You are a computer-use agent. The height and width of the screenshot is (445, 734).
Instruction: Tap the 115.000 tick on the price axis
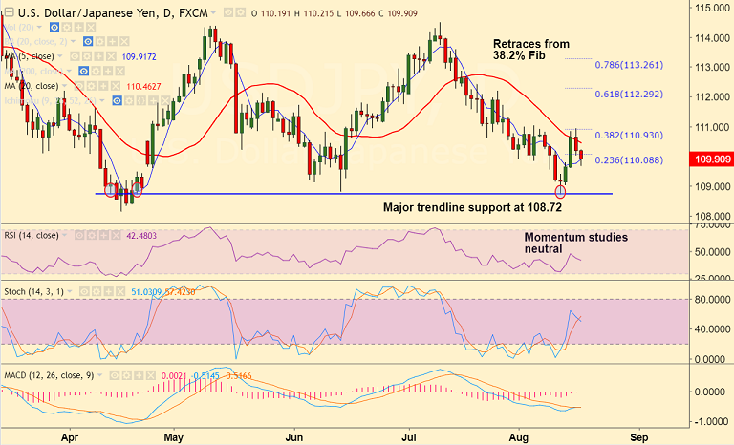point(710,8)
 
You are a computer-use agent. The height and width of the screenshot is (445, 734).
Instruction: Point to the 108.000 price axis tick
point(710,217)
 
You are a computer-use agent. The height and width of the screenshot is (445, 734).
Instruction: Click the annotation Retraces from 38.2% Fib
point(530,51)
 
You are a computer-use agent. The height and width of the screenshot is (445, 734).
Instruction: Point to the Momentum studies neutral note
point(575,244)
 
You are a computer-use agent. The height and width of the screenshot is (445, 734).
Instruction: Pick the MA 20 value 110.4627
point(145,86)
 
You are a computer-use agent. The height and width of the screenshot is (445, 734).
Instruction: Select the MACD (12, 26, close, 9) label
point(49,375)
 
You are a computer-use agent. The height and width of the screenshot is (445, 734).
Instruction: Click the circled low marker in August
point(561,192)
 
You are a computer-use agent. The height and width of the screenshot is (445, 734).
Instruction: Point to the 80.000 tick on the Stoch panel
point(710,300)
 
